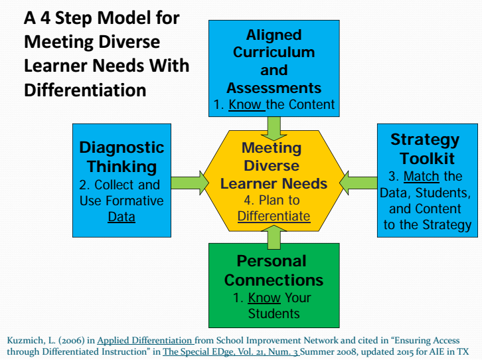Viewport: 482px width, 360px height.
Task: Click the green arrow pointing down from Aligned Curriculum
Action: coord(274,126)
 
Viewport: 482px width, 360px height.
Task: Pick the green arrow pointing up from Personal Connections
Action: coord(274,236)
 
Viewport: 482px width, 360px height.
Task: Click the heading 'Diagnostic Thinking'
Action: coord(121,157)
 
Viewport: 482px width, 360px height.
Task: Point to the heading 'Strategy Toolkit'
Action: coord(424,149)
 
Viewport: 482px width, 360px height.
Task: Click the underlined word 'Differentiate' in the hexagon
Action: coord(274,216)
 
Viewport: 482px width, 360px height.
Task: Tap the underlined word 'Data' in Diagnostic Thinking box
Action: coord(121,217)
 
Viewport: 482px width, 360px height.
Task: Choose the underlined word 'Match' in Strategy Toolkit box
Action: coord(422,176)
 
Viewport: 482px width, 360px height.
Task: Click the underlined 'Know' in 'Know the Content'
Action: coord(245,104)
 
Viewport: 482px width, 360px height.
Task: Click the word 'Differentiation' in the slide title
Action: coord(85,89)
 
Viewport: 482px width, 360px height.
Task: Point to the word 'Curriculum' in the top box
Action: coord(274,52)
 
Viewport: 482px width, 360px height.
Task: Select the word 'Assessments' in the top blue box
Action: coord(274,88)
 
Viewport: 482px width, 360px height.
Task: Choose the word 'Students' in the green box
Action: coord(274,313)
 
